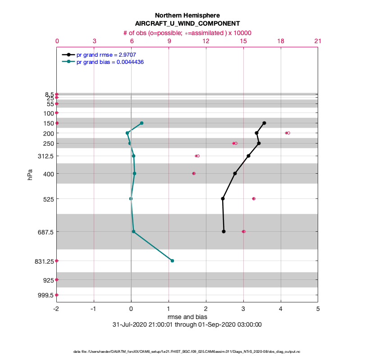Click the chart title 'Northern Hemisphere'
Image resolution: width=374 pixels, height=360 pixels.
187,15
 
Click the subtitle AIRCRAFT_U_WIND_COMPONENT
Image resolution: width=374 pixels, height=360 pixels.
187,23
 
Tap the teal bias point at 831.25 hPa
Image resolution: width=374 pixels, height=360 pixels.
172,261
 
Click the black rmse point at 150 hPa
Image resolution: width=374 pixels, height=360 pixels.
264,123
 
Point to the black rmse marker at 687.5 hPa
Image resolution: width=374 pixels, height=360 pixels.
223,231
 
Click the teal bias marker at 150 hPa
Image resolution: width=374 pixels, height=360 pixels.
141,123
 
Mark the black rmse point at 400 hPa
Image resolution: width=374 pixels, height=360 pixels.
235,173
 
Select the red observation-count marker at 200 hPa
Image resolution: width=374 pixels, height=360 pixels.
287,133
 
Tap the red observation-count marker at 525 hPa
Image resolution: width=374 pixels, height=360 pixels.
254,198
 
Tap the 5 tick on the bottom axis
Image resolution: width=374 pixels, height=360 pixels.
318,309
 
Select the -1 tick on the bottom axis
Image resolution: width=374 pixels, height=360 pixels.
93,309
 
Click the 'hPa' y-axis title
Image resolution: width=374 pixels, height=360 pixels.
30,174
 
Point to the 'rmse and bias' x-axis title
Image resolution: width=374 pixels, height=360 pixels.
187,317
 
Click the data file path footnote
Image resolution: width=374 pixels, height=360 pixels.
187,351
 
